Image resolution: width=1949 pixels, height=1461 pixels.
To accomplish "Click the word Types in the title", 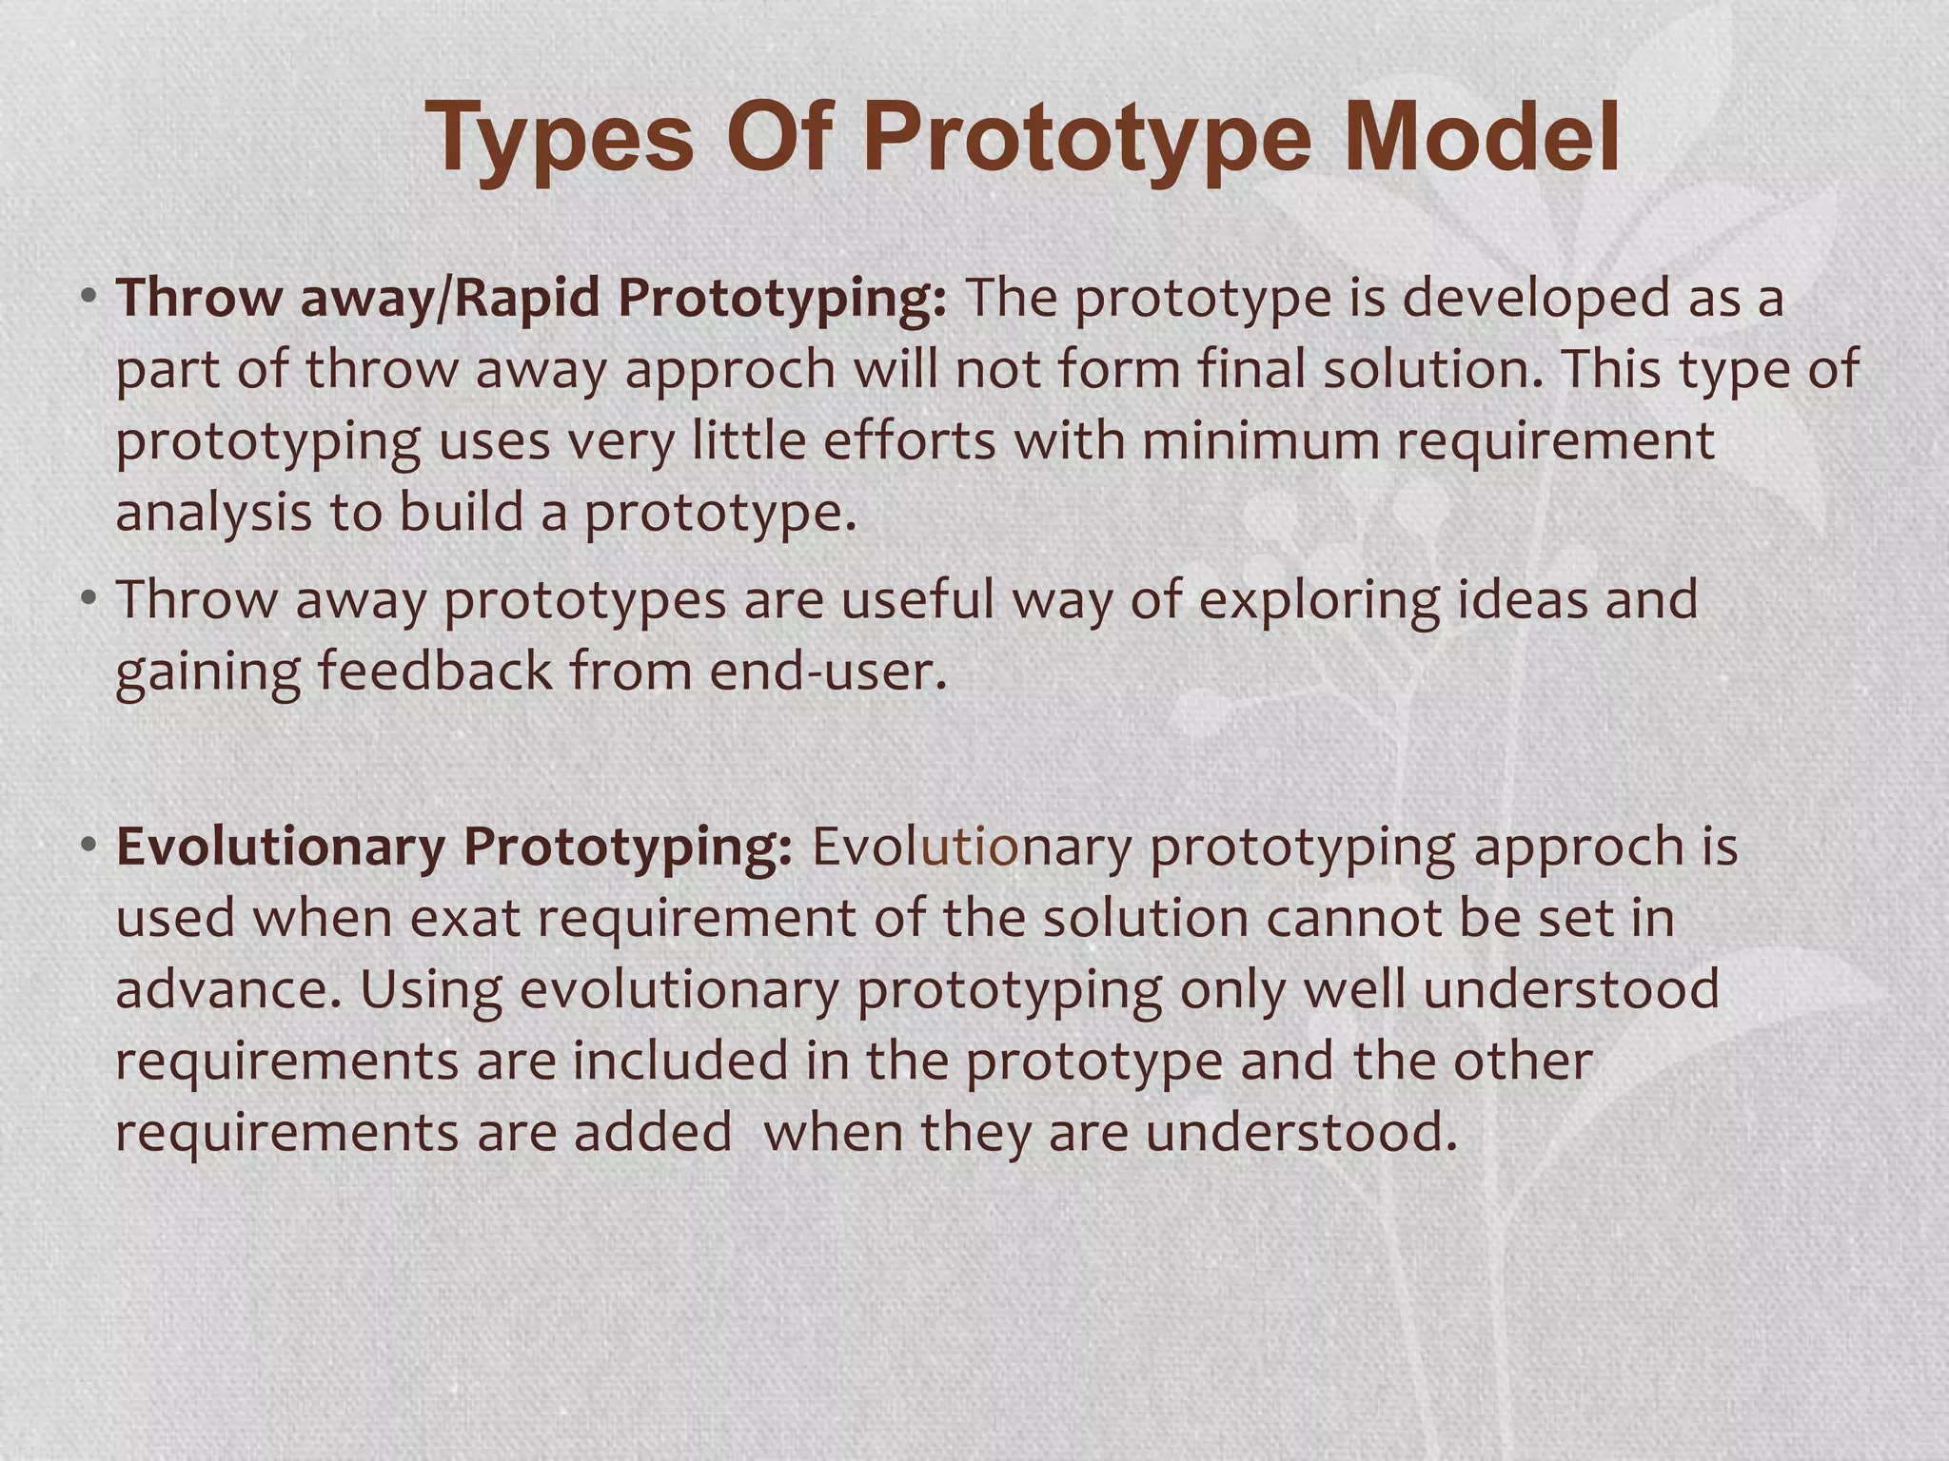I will click(561, 141).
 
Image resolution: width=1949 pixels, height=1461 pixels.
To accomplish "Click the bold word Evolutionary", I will click(280, 847).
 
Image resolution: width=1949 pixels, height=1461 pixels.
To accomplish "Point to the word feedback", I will click(434, 671).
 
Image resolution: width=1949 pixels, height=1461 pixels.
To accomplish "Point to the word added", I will click(653, 1133).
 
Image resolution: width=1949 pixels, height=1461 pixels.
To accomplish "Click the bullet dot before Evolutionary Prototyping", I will click(89, 845).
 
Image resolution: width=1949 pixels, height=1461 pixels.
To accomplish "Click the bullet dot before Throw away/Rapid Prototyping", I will click(89, 296).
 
